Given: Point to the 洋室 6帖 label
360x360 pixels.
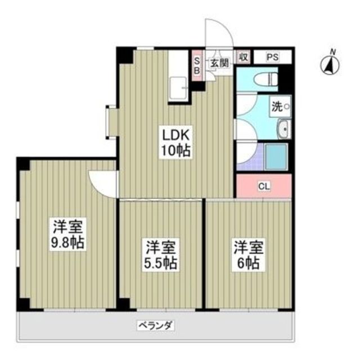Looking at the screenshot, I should pyautogui.click(x=248, y=254).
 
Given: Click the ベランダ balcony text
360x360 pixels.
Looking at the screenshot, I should pyautogui.click(x=155, y=325).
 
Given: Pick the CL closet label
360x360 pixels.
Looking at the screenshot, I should pyautogui.click(x=263, y=186).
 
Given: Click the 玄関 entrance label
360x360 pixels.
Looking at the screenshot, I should pyautogui.click(x=219, y=62).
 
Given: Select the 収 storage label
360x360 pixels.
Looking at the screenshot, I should pyautogui.click(x=243, y=57).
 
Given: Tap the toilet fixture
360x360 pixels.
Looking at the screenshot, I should pyautogui.click(x=265, y=79).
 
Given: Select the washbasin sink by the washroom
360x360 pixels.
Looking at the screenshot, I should pyautogui.click(x=283, y=129).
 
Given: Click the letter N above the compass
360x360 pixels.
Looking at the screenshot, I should pyautogui.click(x=332, y=52).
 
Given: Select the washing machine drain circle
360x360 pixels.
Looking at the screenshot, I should pyautogui.click(x=286, y=106).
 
